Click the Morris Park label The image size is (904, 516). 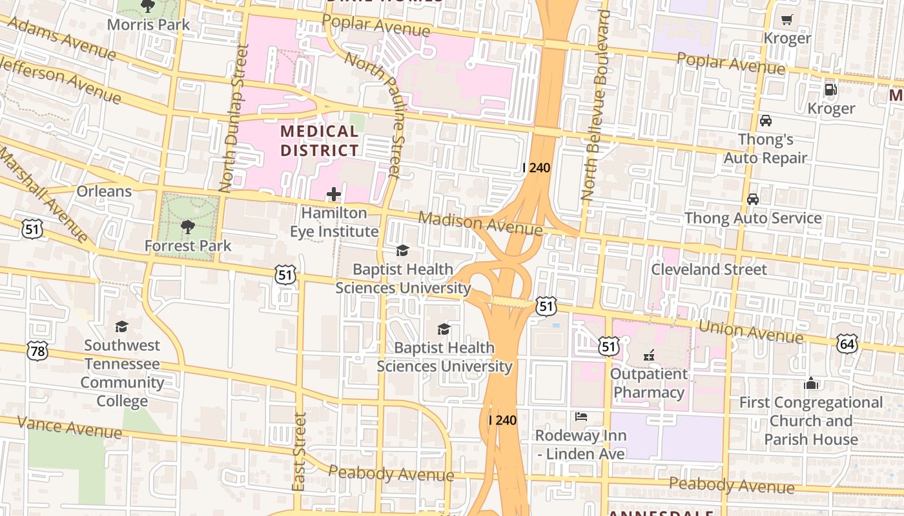(x=149, y=25)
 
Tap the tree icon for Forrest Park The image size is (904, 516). (x=188, y=226)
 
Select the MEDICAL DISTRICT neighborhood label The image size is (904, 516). (x=319, y=141)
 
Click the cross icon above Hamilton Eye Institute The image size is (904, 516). (x=334, y=193)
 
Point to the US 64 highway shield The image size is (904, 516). (x=847, y=343)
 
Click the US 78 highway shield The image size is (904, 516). (x=37, y=351)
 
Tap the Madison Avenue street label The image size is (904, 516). (x=480, y=224)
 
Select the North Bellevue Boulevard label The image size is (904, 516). (x=595, y=106)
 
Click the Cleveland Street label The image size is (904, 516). (x=708, y=269)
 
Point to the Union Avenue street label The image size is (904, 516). (x=751, y=332)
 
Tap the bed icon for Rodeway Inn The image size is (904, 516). (x=581, y=417)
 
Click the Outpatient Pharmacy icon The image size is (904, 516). (x=649, y=355)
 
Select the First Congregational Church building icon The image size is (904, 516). (x=811, y=383)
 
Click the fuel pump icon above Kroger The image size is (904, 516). (x=830, y=90)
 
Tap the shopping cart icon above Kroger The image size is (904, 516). (x=786, y=19)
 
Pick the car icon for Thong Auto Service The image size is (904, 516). (x=753, y=199)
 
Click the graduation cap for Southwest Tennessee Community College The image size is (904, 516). (x=121, y=326)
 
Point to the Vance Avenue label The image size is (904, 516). (x=69, y=427)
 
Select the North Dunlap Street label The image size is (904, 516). (x=233, y=118)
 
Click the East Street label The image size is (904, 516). (x=298, y=451)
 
